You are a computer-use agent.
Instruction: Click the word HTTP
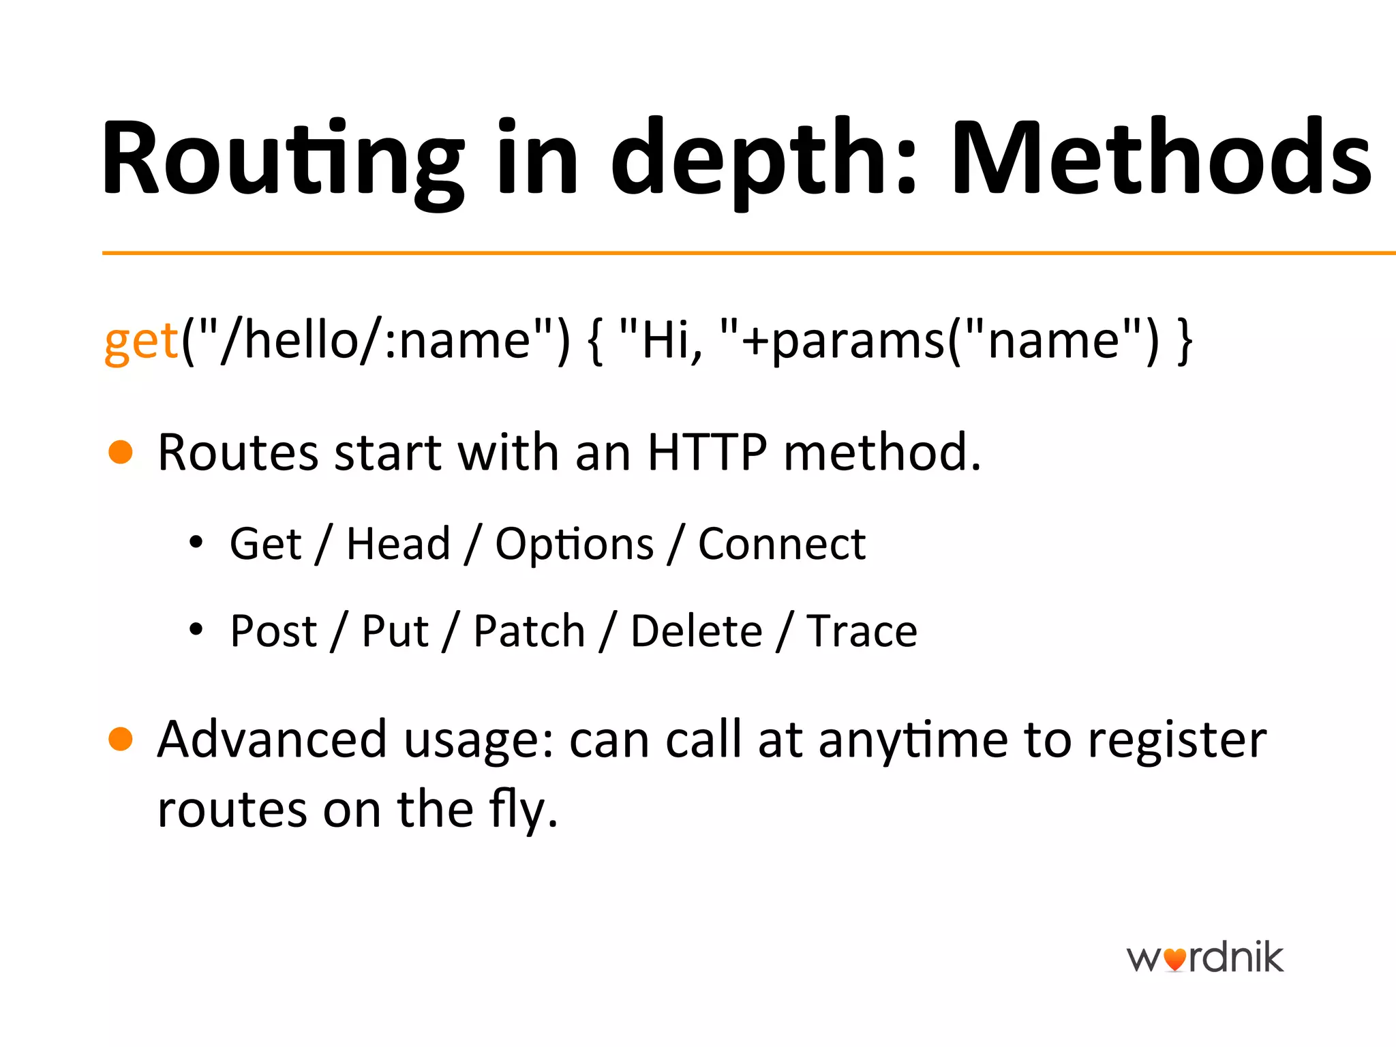707,452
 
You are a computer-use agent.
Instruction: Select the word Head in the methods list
398,544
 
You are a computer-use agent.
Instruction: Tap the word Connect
782,544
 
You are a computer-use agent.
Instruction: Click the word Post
273,631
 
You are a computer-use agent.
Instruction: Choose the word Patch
529,631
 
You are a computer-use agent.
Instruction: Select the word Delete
696,631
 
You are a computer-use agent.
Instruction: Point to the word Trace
862,631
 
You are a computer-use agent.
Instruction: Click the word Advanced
272,740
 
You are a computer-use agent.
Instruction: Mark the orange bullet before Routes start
121,452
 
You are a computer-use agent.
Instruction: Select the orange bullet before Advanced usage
121,739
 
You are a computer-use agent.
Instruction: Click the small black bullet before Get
196,543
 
